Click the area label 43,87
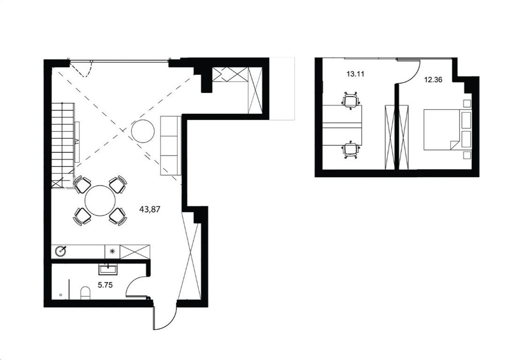[150, 210]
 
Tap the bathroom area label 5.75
[105, 285]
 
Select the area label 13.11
[355, 74]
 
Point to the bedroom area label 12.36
[433, 80]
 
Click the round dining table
[100, 201]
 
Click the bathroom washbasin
[108, 269]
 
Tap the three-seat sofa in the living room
[171, 145]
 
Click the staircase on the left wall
[63, 145]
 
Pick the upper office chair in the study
[351, 100]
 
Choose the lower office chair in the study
[351, 149]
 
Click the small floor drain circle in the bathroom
[60, 295]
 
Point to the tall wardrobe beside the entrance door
[190, 255]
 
